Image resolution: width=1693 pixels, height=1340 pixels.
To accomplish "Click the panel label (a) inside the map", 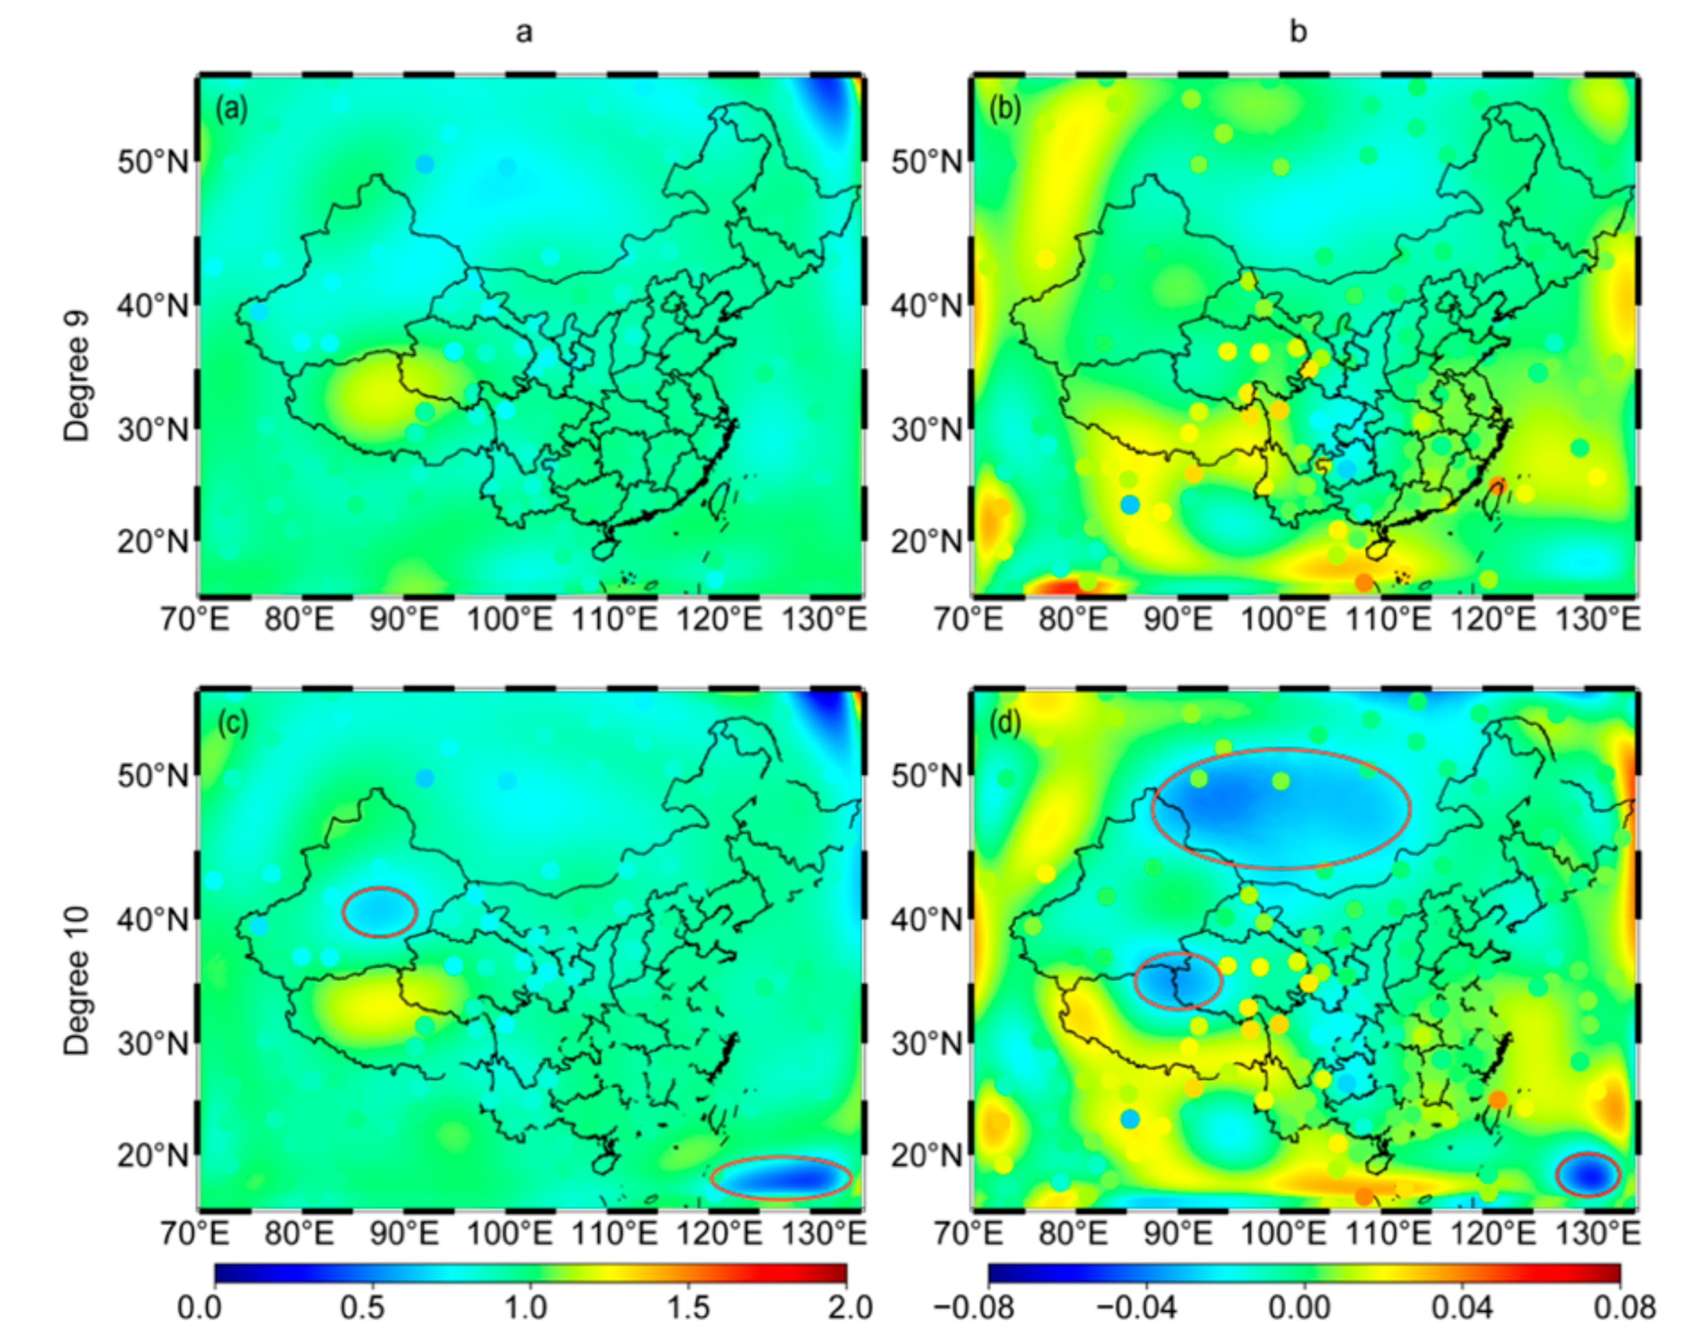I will point(232,109).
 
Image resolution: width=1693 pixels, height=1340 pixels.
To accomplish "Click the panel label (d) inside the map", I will point(1005,724).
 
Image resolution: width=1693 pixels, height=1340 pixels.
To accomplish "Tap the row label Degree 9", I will point(77,376).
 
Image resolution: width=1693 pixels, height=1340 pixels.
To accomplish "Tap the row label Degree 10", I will point(77,981).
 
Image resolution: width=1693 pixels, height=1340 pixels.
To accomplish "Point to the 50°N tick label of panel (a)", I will point(153,163).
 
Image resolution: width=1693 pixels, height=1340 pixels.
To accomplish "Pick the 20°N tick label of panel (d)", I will point(926,1155).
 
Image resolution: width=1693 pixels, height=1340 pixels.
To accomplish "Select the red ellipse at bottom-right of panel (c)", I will point(781,1177).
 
